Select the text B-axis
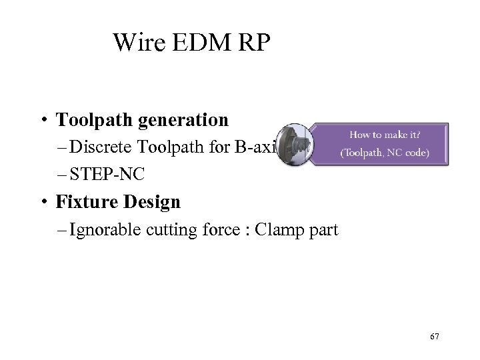click(x=257, y=147)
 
